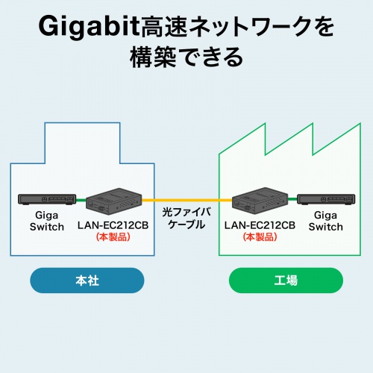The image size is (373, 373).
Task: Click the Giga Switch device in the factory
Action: coord(325,200)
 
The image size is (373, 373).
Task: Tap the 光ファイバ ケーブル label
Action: coord(186,217)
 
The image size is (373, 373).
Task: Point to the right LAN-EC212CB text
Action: coord(260,224)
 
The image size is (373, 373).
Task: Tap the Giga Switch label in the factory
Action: coord(325,220)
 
